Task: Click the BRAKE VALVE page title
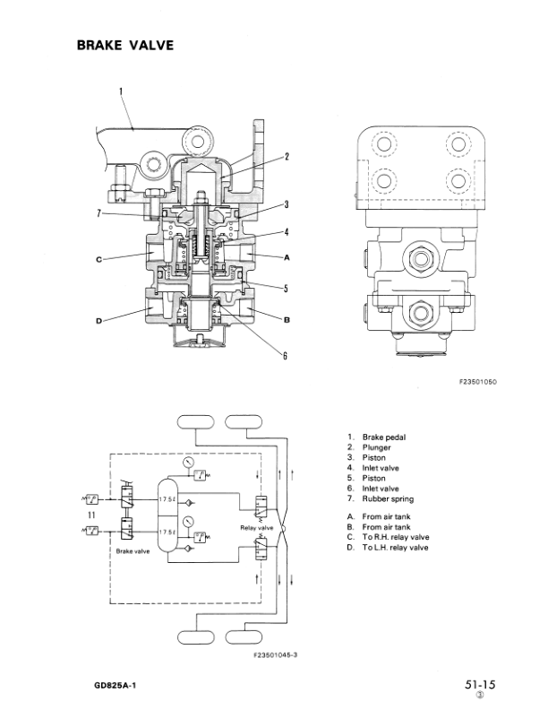click(x=124, y=45)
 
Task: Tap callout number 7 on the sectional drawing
click(x=100, y=212)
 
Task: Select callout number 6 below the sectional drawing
click(x=284, y=356)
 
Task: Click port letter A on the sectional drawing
click(x=287, y=257)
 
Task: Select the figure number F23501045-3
click(x=275, y=654)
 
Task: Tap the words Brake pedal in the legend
click(x=384, y=437)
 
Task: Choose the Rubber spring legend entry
click(x=388, y=498)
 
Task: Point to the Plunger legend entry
click(x=377, y=447)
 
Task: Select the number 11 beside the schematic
click(x=91, y=515)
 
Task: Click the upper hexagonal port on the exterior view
click(x=421, y=257)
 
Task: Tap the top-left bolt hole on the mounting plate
click(x=384, y=143)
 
